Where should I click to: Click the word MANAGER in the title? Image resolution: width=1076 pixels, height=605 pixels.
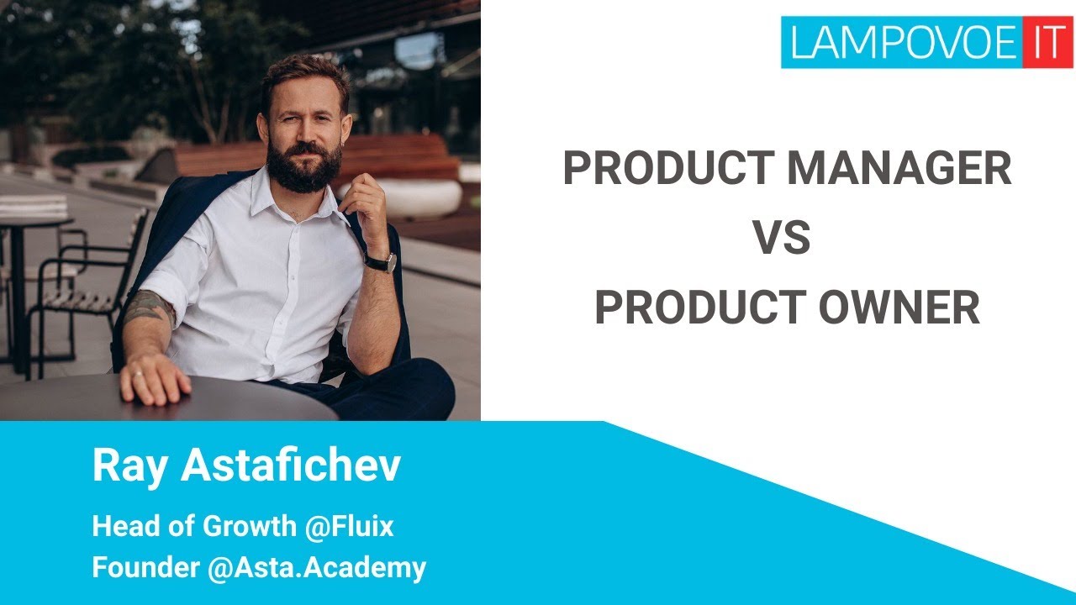[899, 168]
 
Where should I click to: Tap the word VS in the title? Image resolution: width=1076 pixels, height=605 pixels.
[782, 238]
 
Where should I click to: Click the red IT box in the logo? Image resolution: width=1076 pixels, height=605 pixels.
[1047, 42]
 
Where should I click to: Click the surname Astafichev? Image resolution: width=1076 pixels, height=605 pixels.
[291, 465]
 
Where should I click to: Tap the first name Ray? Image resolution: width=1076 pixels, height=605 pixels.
[129, 467]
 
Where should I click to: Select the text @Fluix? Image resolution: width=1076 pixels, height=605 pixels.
[349, 526]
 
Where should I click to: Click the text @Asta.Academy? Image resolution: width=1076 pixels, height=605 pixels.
[317, 568]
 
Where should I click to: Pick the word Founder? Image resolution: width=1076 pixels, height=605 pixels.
[145, 567]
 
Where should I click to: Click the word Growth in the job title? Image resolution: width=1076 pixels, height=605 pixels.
[250, 526]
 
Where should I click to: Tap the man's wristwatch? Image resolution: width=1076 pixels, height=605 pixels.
[381, 262]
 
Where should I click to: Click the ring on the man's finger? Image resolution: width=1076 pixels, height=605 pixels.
[137, 374]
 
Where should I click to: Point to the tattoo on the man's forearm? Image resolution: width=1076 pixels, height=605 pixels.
[149, 308]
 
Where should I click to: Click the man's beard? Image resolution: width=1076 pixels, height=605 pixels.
[303, 166]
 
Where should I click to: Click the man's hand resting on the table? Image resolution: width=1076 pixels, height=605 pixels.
[154, 379]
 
